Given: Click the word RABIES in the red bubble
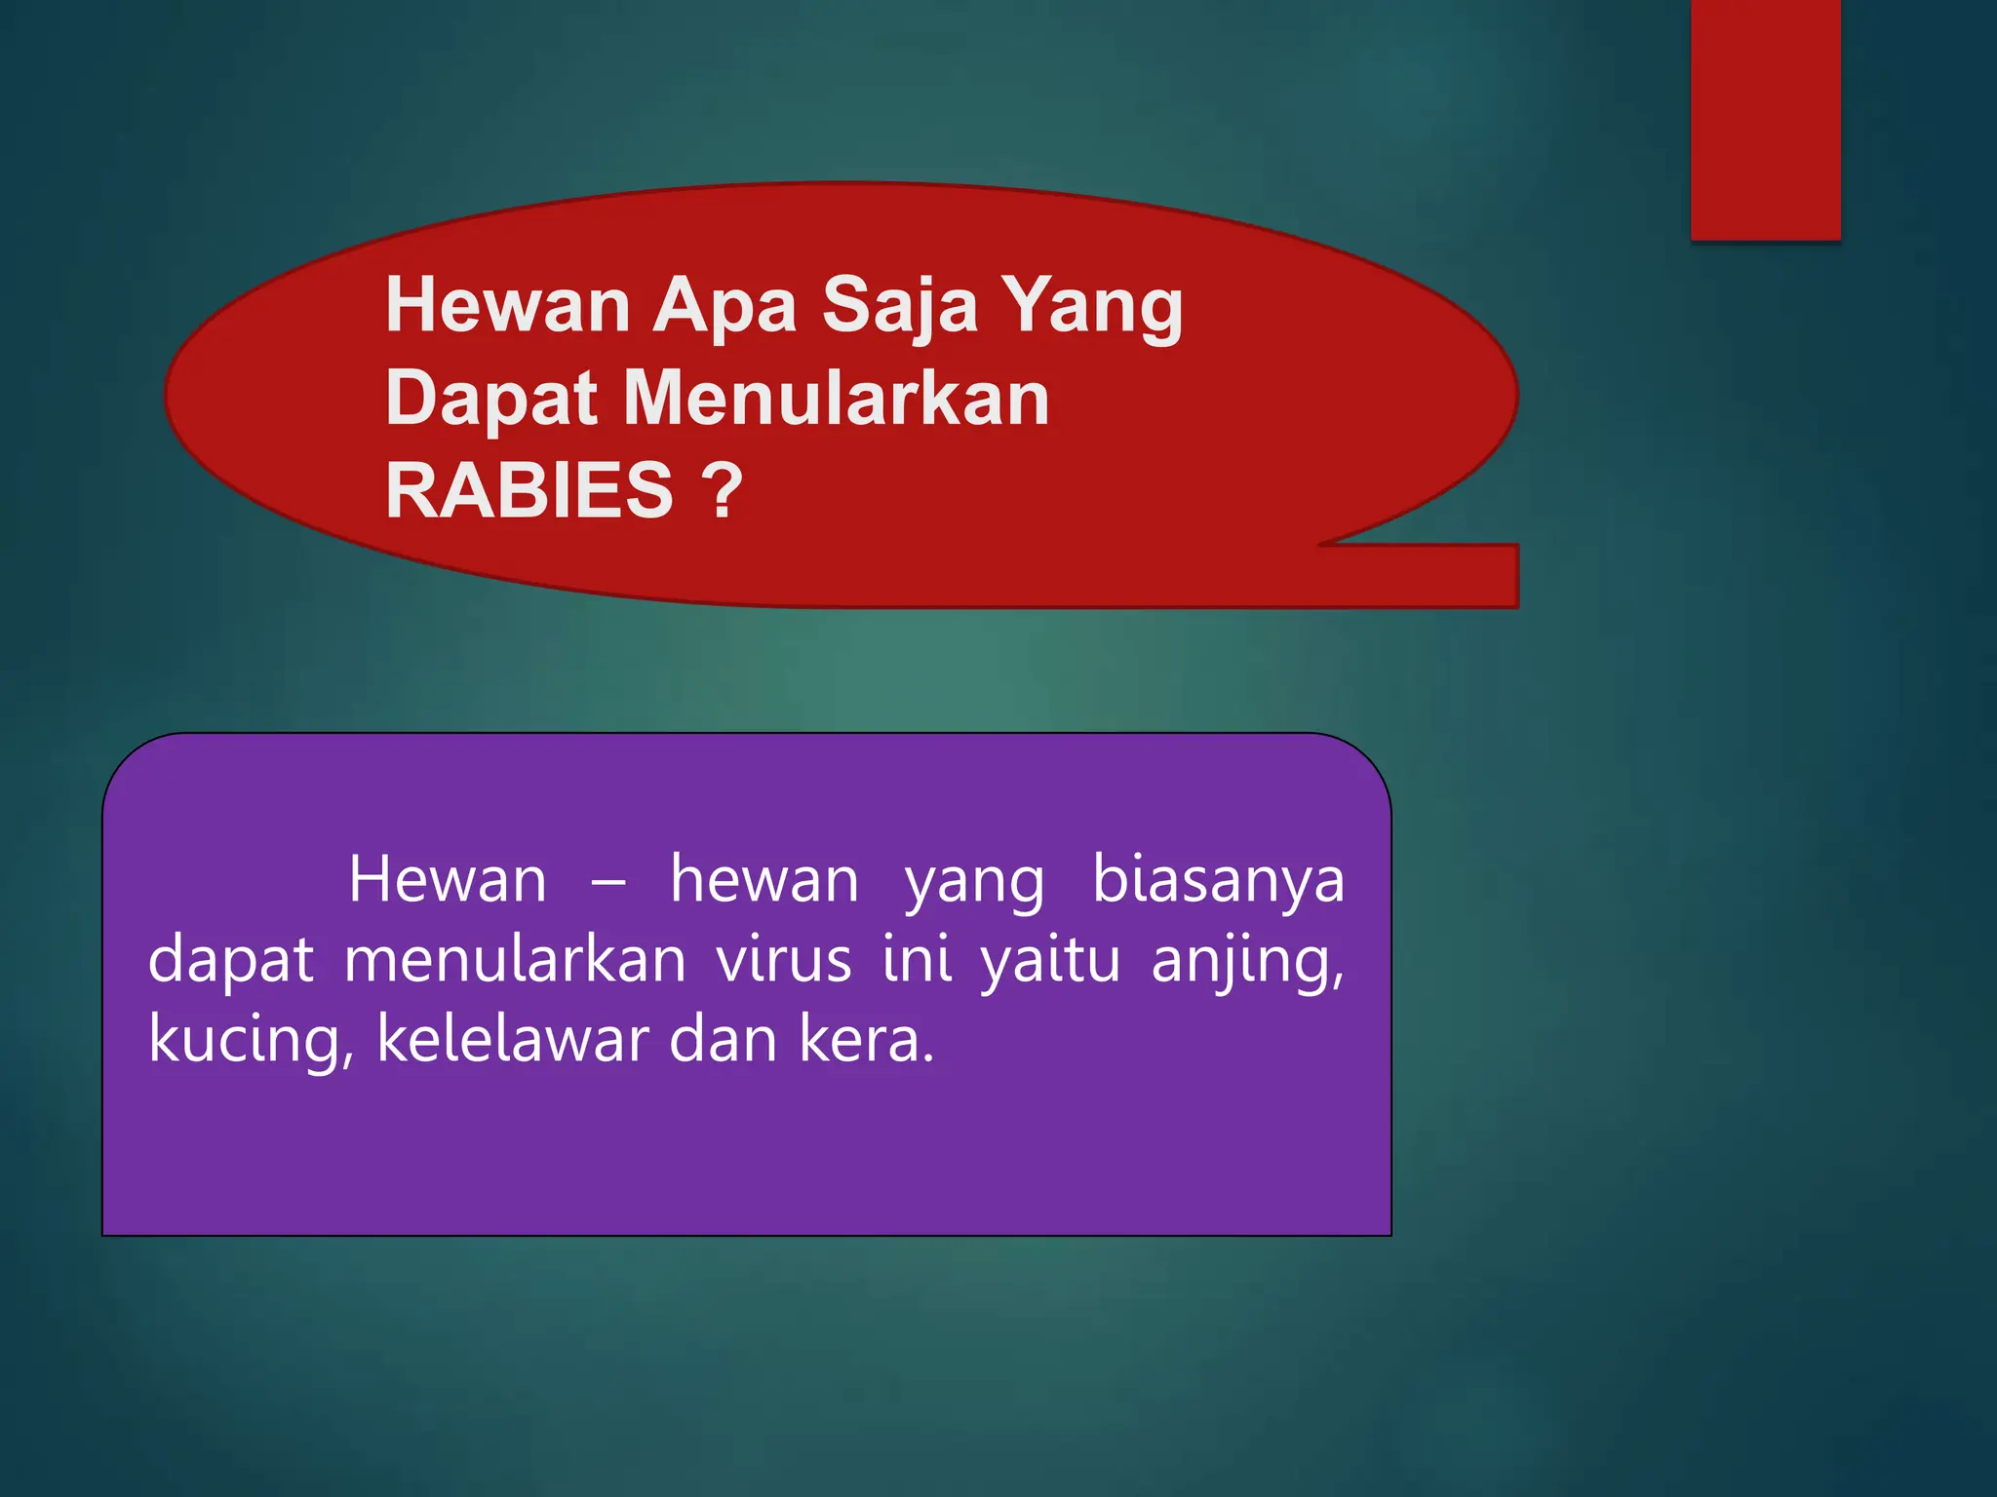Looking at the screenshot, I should click(x=529, y=490).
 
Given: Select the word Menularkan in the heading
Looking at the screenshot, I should click(x=836, y=399).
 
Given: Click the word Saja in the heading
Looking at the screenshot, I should click(x=899, y=305).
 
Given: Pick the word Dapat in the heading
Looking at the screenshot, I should click(x=490, y=400).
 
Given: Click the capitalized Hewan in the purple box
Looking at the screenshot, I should click(x=448, y=880).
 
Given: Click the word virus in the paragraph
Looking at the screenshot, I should click(x=784, y=960).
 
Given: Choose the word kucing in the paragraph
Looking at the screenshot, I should click(x=251, y=1041).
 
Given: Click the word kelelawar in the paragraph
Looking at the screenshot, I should click(x=512, y=1039).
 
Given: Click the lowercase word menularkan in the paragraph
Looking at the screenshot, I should click(x=515, y=960).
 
